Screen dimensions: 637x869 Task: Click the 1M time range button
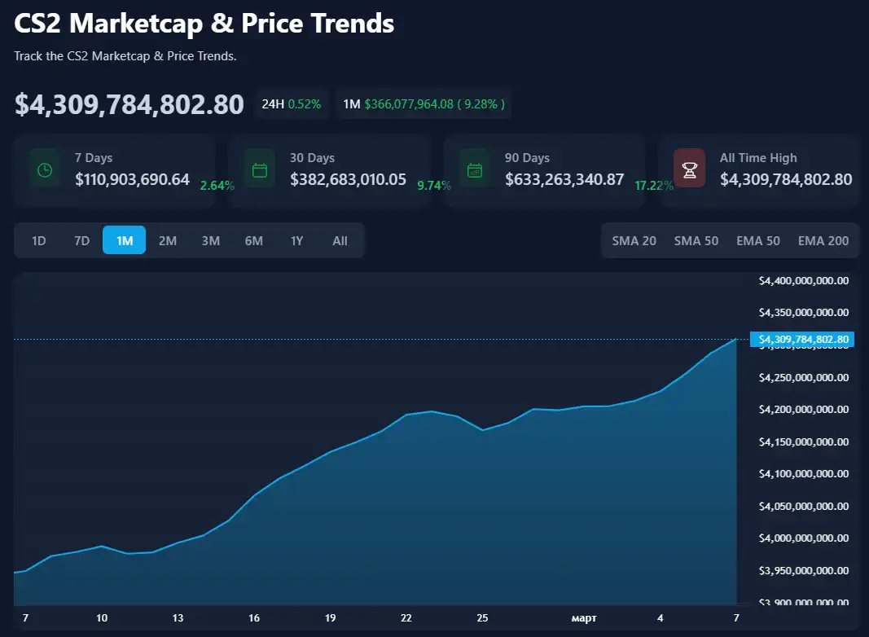[x=124, y=240]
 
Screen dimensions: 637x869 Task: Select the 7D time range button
[x=81, y=240]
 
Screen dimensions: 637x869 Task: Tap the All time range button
[x=340, y=240]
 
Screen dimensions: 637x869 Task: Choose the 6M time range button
[x=253, y=240]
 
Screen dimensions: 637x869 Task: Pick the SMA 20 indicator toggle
[x=634, y=240]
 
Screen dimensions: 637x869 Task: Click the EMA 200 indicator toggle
[x=823, y=240]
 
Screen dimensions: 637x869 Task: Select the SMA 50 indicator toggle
[x=696, y=240]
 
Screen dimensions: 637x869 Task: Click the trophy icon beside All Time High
[x=689, y=169]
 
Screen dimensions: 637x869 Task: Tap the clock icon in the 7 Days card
[x=45, y=169]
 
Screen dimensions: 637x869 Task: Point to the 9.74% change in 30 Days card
[x=433, y=186]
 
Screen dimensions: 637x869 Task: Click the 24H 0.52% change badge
[x=291, y=103]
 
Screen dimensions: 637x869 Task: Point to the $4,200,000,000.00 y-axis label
[x=803, y=410]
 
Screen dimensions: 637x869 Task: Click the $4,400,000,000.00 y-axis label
[x=803, y=281]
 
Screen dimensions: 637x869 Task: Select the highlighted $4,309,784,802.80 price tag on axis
[x=802, y=339]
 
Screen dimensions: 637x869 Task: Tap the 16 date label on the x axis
[x=254, y=618]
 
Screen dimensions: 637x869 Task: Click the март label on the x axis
[x=583, y=618]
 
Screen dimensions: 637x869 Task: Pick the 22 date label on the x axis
[x=406, y=618]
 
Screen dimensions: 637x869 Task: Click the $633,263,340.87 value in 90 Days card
[x=564, y=179]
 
